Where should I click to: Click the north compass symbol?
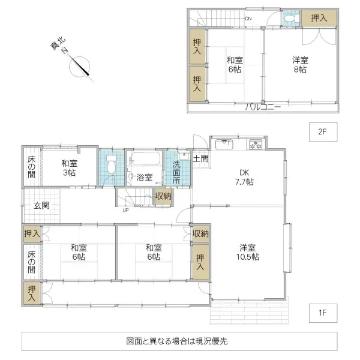coord(80,66)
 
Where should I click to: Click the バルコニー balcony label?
coord(262,107)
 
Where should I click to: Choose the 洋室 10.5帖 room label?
coord(247,252)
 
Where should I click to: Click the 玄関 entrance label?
coord(41,206)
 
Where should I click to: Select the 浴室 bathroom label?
coord(144,178)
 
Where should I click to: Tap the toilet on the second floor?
coord(290,19)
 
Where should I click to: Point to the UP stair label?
coord(125,210)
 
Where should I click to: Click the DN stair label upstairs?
coord(248,19)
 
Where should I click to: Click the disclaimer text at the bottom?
coord(177,341)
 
